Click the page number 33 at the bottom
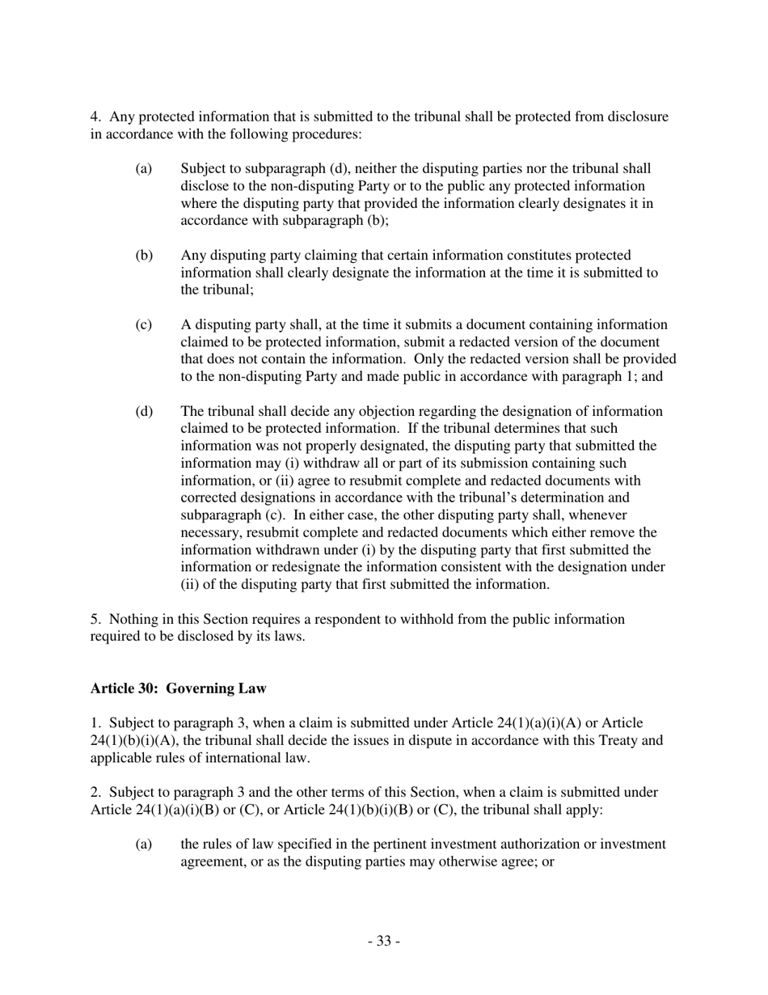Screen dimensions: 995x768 coord(384,941)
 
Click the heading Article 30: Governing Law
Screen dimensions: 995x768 coord(178,688)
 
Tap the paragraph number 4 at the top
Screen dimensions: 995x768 coord(94,116)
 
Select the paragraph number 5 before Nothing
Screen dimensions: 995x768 coord(94,619)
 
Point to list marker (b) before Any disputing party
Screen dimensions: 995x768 coord(143,256)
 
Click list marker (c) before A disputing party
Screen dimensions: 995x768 coord(143,325)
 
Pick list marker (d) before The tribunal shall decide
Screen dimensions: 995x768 coord(143,412)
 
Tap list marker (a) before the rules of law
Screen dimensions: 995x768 coord(143,845)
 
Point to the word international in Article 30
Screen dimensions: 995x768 coord(233,758)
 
